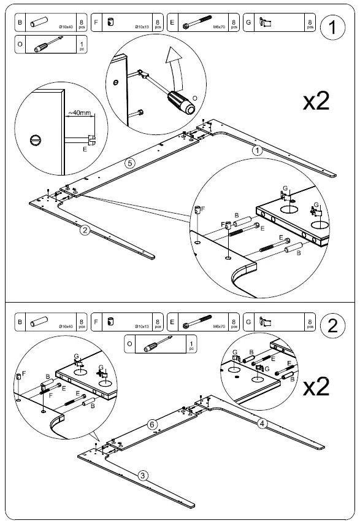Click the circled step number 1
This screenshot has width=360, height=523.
332,28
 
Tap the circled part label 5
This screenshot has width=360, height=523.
129,163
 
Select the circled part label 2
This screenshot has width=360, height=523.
85,231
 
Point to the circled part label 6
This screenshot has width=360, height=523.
153,424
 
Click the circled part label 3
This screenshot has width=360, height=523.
142,475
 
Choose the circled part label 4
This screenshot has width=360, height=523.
261,422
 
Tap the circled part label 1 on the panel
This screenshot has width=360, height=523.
258,150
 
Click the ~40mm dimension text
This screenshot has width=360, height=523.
79,113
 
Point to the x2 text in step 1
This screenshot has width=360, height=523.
316,102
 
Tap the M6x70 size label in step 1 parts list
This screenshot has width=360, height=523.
219,28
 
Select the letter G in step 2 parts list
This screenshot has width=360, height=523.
248,321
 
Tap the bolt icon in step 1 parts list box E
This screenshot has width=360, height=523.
195,23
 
